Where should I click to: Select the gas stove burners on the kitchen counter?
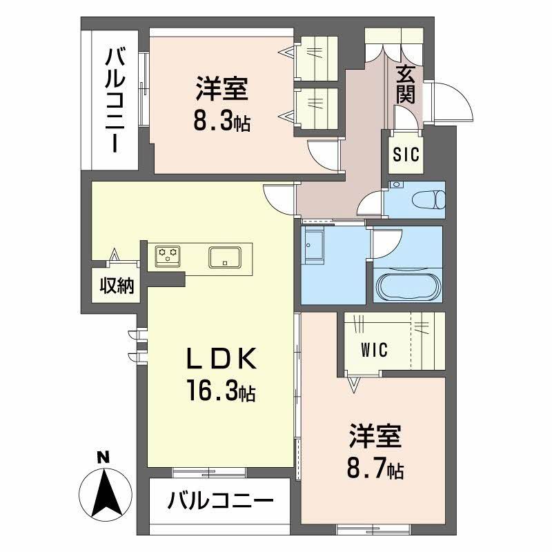[168, 255]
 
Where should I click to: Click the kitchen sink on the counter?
[224, 257]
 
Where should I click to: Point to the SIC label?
[406, 155]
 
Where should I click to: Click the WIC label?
[373, 349]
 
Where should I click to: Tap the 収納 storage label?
[116, 285]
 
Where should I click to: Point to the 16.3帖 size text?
[219, 392]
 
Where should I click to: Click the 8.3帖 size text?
[221, 122]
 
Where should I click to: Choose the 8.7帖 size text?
[375, 470]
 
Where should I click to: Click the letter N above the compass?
[103, 457]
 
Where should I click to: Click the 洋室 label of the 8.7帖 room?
[374, 437]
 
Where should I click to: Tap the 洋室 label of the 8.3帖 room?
[221, 90]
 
